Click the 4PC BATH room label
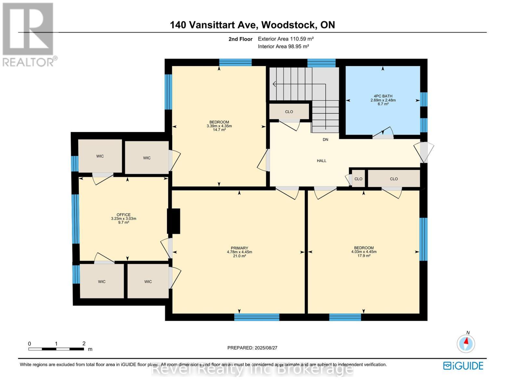click(383, 96)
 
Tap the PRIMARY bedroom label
click(239, 248)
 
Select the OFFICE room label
click(123, 214)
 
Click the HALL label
click(321, 161)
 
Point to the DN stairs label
click(325, 139)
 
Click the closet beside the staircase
click(289, 111)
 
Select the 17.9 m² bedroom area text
click(364, 256)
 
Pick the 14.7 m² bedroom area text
click(219, 130)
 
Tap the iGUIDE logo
click(463, 366)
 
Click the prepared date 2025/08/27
click(252, 348)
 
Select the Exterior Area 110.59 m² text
click(286, 39)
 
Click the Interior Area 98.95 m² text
click(283, 46)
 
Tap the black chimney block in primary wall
click(174, 221)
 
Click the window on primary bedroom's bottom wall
click(257, 317)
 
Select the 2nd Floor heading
click(240, 39)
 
